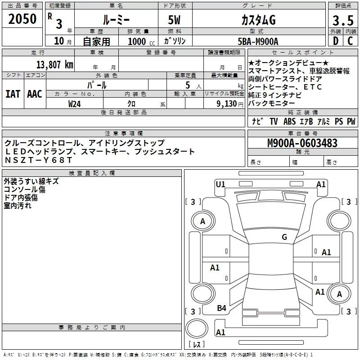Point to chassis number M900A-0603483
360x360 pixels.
(302, 143)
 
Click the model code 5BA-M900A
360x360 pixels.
(258, 41)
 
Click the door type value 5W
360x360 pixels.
(175, 20)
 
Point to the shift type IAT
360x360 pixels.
(12, 94)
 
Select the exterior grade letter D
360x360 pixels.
(335, 41)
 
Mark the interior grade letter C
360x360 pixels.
(350, 41)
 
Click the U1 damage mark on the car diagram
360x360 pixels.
(220, 184)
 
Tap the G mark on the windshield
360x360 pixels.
(284, 237)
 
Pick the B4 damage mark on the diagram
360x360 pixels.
(221, 308)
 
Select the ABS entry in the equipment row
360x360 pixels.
(290, 121)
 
